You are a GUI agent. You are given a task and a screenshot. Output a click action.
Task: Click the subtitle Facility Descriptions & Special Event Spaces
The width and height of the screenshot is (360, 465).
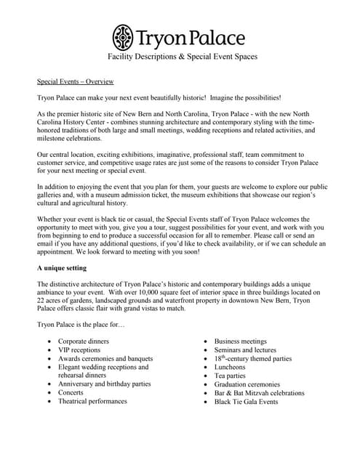click(x=183, y=56)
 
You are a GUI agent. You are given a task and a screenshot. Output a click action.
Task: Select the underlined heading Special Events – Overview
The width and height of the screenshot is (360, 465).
click(x=75, y=81)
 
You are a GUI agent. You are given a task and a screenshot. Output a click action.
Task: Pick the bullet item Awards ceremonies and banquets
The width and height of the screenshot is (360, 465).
click(x=105, y=359)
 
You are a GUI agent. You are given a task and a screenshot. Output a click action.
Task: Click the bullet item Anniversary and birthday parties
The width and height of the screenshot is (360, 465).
click(x=104, y=384)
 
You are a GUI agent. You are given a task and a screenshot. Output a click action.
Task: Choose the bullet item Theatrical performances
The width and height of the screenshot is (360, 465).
click(x=92, y=401)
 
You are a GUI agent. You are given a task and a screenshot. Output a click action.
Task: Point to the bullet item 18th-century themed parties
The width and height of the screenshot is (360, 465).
click(x=252, y=358)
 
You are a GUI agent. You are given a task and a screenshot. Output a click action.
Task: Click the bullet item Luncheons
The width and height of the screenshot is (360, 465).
click(x=231, y=367)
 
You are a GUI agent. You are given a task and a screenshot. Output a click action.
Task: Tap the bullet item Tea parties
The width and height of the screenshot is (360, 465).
click(x=231, y=376)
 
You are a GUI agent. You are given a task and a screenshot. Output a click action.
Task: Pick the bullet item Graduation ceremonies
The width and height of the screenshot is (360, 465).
click(x=247, y=384)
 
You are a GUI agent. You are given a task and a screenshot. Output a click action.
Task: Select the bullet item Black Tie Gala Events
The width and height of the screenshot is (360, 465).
click(x=246, y=402)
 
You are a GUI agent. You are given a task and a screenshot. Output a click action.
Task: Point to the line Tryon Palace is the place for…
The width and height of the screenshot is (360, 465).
click(x=80, y=323)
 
